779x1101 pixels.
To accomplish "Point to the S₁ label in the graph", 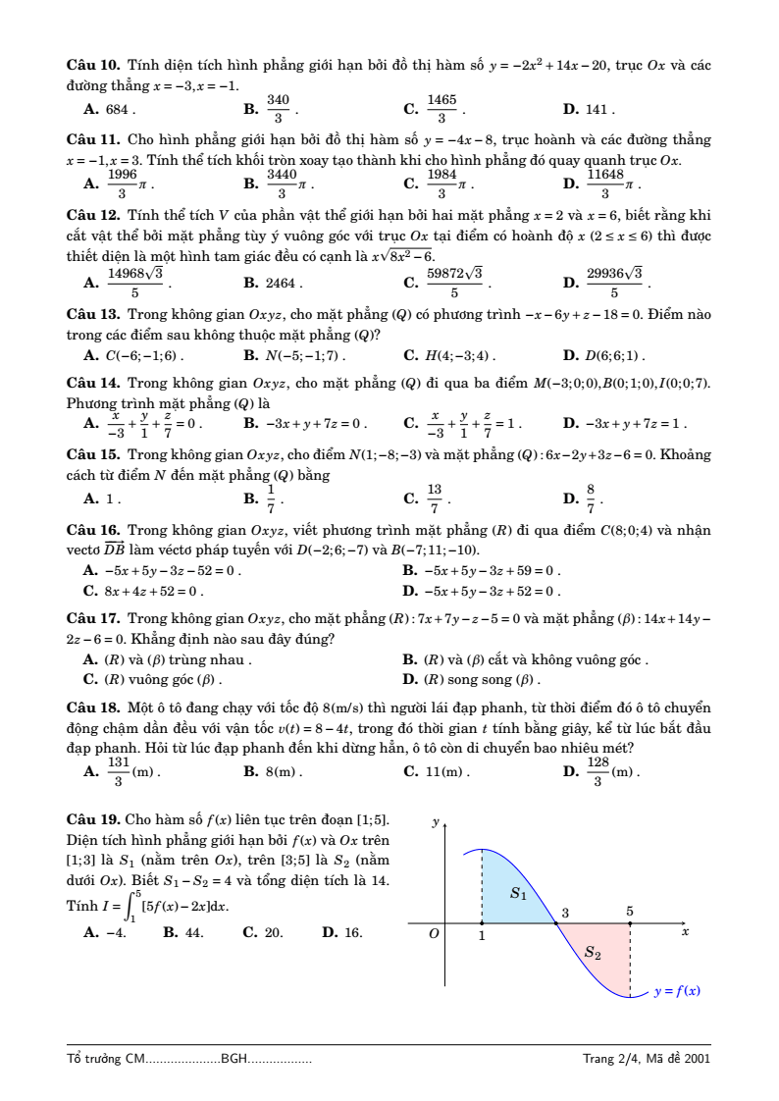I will [x=519, y=894].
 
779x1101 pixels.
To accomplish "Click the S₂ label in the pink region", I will [x=593, y=951].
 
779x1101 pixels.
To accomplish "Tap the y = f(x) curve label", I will [x=677, y=991].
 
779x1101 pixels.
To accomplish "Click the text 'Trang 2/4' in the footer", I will [x=610, y=1058].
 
